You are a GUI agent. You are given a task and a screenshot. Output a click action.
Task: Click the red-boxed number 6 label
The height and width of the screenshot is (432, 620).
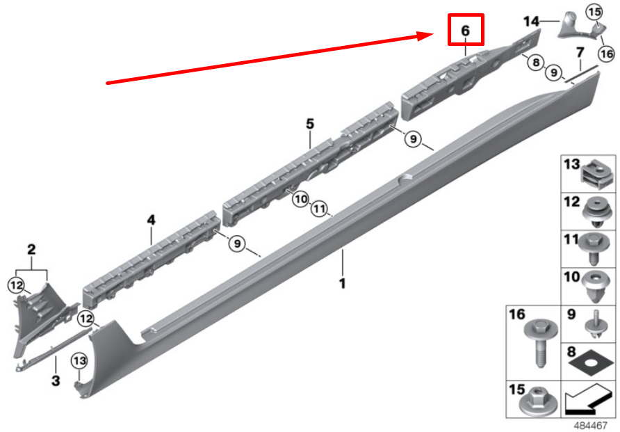click(x=466, y=30)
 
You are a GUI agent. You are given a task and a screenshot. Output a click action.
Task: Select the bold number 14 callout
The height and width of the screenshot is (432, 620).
click(x=531, y=22)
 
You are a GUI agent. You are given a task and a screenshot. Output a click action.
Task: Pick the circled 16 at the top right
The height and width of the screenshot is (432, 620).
click(x=607, y=54)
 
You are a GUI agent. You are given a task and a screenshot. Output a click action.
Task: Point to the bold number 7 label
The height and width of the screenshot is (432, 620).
click(x=580, y=52)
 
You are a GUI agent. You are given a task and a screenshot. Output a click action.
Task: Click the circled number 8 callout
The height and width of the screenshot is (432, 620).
click(x=536, y=63)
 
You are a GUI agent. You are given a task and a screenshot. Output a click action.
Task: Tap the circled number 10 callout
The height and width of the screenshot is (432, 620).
click(x=301, y=198)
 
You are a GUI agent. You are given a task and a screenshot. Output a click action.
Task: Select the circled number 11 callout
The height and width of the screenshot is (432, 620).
click(x=320, y=209)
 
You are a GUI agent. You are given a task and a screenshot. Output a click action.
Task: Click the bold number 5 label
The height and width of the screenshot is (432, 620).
click(x=310, y=124)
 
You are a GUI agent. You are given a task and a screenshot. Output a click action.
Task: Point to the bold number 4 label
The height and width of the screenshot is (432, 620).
click(x=151, y=220)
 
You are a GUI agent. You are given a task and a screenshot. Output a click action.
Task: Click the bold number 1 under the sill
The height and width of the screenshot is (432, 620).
click(x=343, y=283)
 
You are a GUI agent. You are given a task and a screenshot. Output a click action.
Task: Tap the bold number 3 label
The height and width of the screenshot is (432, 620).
click(x=56, y=381)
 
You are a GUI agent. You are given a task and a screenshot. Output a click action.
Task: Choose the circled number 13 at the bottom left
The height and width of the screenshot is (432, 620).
click(x=79, y=361)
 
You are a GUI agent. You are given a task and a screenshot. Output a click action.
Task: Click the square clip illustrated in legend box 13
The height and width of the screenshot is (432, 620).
click(x=597, y=174)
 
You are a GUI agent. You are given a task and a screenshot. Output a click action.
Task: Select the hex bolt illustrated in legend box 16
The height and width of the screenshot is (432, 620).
click(x=541, y=342)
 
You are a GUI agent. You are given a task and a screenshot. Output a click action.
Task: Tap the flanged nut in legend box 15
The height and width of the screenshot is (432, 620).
click(x=538, y=401)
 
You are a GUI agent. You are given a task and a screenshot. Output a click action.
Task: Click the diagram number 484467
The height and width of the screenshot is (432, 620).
click(x=590, y=426)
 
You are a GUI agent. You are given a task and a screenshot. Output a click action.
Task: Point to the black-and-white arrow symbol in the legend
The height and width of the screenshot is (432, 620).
click(x=589, y=399)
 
